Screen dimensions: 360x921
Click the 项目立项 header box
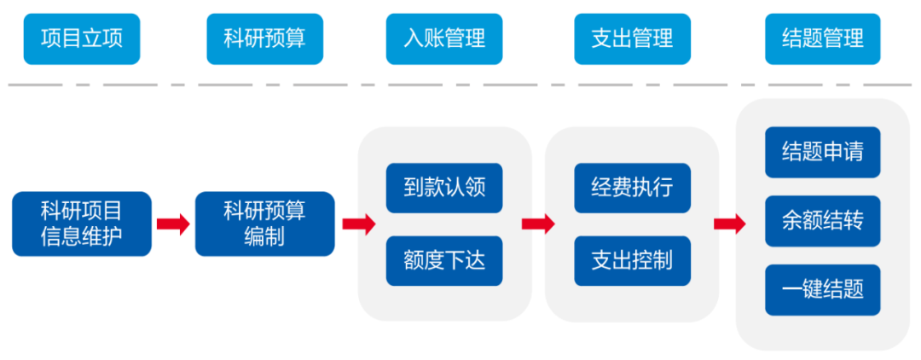point(81,39)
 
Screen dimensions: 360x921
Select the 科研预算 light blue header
point(264,39)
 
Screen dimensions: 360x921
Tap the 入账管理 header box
point(444,39)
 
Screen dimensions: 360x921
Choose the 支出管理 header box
point(632,39)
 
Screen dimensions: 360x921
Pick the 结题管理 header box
point(822,39)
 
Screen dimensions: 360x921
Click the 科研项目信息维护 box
point(82,224)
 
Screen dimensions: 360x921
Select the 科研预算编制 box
point(264,224)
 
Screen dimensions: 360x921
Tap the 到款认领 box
point(444,188)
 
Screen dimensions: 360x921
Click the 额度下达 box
point(444,260)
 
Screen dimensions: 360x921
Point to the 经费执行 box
point(632,188)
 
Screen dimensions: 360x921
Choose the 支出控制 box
point(632,260)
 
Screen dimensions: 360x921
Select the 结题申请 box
point(822,152)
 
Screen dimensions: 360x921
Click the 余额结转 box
point(822,221)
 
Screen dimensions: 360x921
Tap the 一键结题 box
point(822,290)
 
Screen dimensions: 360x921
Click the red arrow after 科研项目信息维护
point(173,224)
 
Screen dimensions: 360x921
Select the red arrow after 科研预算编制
point(359,224)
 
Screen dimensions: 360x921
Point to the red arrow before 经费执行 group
point(538,224)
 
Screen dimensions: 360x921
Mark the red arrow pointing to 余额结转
point(729,224)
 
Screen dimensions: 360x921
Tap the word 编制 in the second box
point(264,236)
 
